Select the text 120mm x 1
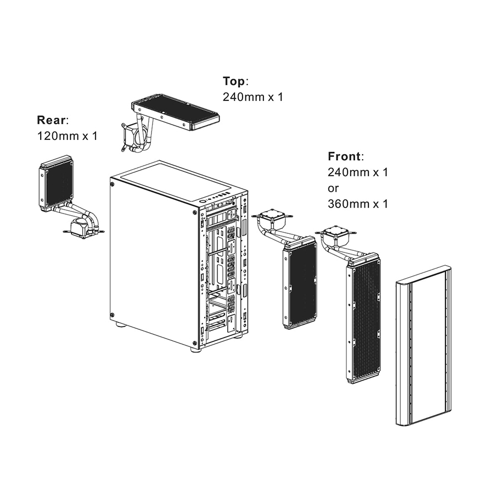tap(67, 136)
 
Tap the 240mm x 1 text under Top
tap(253, 97)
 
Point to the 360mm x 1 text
tap(358, 204)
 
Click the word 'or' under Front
tap(334, 188)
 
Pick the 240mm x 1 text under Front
tap(358, 172)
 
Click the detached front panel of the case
tap(423, 346)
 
